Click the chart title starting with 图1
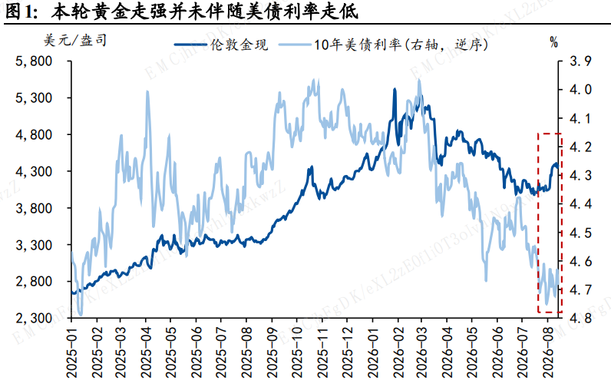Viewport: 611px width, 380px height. tap(182, 12)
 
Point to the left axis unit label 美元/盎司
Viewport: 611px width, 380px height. tap(74, 40)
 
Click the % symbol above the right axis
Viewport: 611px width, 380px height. tap(553, 41)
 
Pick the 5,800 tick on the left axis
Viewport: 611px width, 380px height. tap(34, 61)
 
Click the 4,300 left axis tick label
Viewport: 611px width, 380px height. tap(34, 171)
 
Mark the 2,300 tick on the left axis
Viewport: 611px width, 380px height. tap(34, 318)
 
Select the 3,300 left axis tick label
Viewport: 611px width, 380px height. tap(34, 245)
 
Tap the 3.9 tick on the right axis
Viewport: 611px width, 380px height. tap(580, 61)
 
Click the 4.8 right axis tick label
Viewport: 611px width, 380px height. tap(580, 318)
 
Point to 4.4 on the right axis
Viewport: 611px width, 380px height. tap(580, 203)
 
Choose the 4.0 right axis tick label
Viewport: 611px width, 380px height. tap(580, 89)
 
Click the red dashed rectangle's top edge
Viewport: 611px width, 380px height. tap(550, 134)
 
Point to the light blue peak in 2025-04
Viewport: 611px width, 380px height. tap(147, 92)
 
